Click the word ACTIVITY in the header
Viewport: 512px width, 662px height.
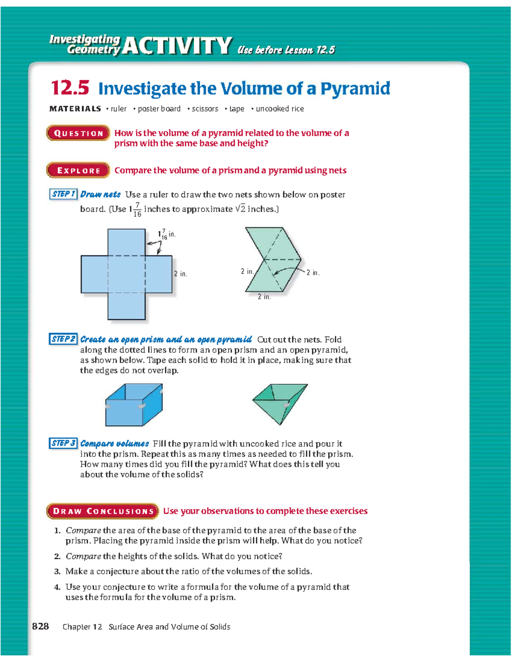point(177,46)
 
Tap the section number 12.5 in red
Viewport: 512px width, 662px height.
point(70,88)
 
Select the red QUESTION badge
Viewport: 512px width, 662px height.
point(78,133)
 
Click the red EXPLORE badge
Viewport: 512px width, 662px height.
point(78,171)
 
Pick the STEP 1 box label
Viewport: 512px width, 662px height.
point(63,194)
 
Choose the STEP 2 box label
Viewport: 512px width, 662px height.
point(63,339)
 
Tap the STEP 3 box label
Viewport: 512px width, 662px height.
point(63,443)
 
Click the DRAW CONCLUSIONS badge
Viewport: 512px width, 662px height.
point(102,511)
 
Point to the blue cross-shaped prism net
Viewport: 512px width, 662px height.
point(126,274)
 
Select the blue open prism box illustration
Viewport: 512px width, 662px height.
point(133,405)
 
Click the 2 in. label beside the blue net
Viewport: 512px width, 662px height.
point(180,274)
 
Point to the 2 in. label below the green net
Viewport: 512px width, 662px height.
point(264,297)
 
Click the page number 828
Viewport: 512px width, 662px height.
point(41,626)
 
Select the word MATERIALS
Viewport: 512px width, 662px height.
point(75,109)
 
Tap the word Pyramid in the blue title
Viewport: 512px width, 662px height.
point(355,88)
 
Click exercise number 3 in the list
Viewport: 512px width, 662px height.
point(57,572)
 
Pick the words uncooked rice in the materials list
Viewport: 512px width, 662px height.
point(279,109)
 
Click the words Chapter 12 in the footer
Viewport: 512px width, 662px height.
point(82,627)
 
